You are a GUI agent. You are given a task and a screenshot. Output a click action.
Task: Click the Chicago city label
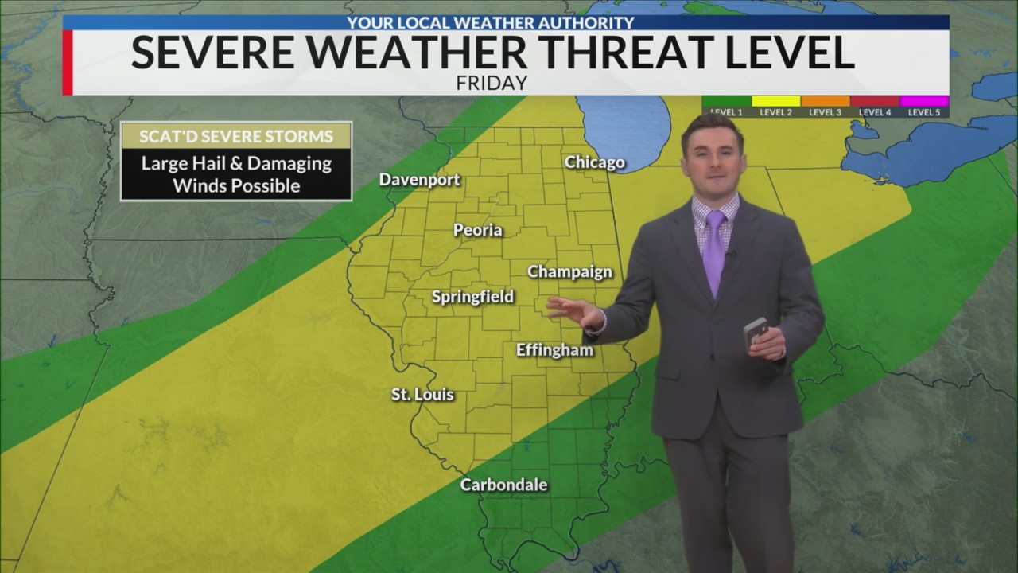(594, 162)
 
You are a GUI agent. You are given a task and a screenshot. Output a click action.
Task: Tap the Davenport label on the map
(419, 180)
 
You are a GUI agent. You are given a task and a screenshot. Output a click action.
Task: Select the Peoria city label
(477, 230)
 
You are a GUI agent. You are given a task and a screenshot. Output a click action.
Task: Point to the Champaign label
(569, 271)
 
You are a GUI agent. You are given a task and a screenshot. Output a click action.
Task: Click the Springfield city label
(472, 297)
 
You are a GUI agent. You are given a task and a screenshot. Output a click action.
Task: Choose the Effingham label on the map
(554, 350)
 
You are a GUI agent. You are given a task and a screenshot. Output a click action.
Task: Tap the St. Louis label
(422, 394)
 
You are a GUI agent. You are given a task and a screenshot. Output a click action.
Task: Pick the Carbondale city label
(503, 485)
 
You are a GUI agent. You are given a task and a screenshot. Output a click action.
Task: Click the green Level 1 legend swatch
(726, 102)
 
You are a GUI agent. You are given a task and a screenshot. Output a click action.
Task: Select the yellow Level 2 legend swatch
(775, 102)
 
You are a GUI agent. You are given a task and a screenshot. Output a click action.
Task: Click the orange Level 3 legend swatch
(825, 102)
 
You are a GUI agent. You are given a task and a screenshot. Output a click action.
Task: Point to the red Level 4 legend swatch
(874, 102)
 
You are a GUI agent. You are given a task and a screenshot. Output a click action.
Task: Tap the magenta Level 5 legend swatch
(924, 102)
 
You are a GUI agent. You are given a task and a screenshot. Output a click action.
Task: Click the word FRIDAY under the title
(492, 83)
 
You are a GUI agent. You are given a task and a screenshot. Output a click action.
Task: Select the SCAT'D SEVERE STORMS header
(236, 136)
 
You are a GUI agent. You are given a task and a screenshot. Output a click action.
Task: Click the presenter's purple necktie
(714, 250)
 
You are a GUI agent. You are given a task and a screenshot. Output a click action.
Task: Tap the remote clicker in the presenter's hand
(755, 331)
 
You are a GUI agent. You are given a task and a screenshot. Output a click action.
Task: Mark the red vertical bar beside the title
(68, 63)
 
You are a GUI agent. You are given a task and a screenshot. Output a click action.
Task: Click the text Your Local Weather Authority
(491, 23)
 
